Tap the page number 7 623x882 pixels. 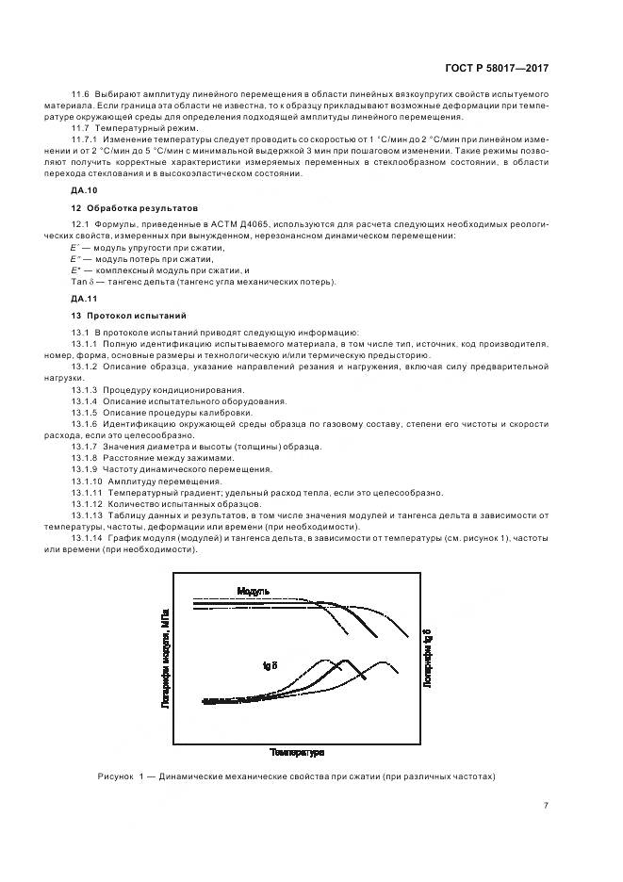pos(546,805)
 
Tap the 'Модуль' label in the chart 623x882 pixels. pos(254,591)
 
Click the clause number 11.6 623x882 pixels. pos(79,95)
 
